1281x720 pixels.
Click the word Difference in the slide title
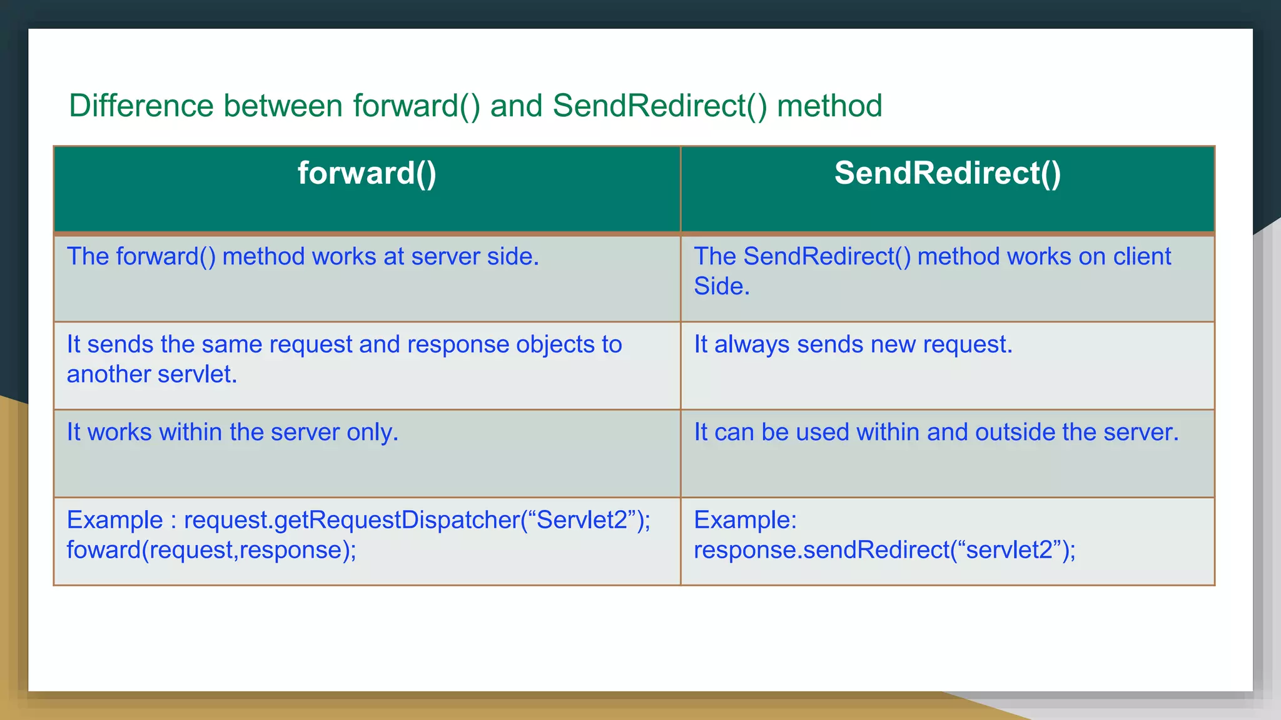(141, 106)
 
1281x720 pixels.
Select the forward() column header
(367, 173)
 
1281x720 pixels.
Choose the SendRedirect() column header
(947, 173)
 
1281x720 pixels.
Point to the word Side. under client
(721, 286)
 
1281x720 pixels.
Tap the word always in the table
(752, 344)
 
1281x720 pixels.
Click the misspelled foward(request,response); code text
(211, 550)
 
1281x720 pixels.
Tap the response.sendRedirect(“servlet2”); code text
(884, 550)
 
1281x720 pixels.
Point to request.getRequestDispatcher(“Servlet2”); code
(417, 520)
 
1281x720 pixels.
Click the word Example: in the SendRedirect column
(745, 520)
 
